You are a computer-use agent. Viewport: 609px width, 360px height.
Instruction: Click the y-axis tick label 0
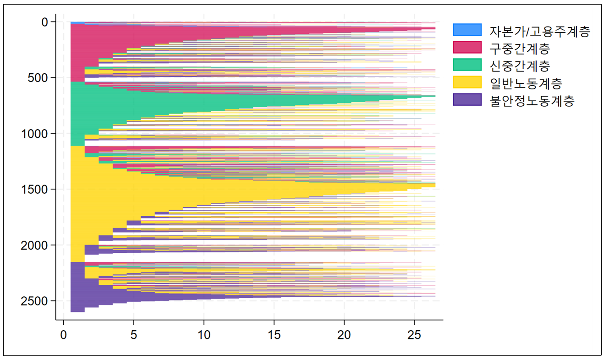[x=44, y=22]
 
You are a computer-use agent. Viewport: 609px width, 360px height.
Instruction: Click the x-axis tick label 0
[x=64, y=335]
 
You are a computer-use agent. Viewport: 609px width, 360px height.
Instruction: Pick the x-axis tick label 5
[x=134, y=335]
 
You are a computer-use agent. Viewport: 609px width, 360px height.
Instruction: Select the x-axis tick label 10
[x=204, y=335]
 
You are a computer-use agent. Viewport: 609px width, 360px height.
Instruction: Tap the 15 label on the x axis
[x=274, y=335]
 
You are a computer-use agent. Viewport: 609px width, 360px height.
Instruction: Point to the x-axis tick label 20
[x=344, y=335]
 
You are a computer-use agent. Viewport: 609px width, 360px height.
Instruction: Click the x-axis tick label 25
[x=414, y=335]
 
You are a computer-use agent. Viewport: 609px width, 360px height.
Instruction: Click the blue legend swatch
[x=467, y=30]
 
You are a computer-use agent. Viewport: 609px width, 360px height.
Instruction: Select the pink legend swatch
[x=467, y=47]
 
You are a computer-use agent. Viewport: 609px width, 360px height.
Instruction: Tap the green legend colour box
[x=467, y=65]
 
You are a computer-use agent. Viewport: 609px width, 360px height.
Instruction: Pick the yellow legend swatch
[x=467, y=82]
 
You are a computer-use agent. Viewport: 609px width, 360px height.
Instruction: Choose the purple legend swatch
[x=467, y=99]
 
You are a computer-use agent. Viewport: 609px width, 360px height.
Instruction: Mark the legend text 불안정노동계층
[x=532, y=100]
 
